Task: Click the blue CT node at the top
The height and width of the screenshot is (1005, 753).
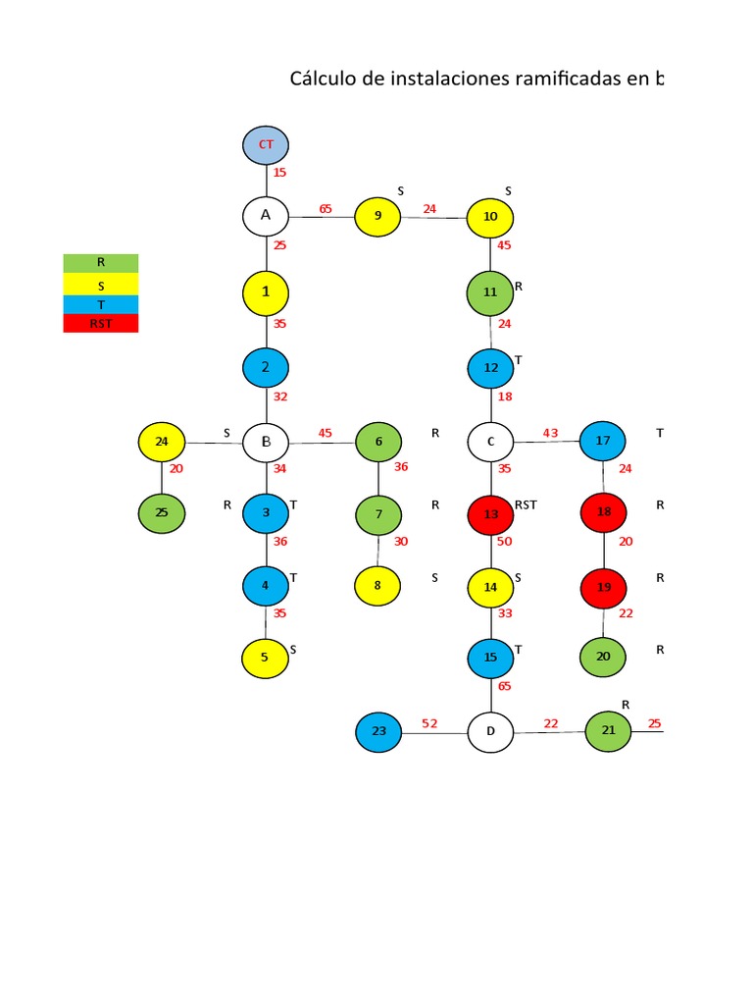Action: (266, 144)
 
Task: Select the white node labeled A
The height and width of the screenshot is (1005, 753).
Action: (266, 215)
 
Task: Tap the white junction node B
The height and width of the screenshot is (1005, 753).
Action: (266, 442)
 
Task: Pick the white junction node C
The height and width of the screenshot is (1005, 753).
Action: (491, 442)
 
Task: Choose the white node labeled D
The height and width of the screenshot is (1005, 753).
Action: (491, 731)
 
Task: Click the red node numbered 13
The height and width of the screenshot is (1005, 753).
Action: (491, 513)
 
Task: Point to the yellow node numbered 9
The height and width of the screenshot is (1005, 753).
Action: (377, 216)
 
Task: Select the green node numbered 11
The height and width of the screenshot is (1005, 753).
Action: (491, 291)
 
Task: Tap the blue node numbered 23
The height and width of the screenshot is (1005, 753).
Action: (378, 731)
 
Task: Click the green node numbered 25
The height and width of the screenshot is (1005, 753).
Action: (162, 513)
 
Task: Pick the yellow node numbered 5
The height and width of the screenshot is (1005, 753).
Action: (265, 658)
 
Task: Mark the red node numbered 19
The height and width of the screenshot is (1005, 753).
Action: (604, 587)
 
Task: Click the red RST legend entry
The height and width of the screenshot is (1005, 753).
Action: (100, 323)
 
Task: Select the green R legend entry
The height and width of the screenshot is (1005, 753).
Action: (100, 263)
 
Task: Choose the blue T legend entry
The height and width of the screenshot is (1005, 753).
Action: (100, 304)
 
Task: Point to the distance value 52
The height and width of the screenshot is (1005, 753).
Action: (429, 723)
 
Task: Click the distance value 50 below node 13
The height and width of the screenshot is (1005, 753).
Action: (505, 542)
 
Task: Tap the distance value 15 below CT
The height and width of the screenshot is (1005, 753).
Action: (280, 173)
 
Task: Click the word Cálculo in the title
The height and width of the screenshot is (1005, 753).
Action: (322, 79)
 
